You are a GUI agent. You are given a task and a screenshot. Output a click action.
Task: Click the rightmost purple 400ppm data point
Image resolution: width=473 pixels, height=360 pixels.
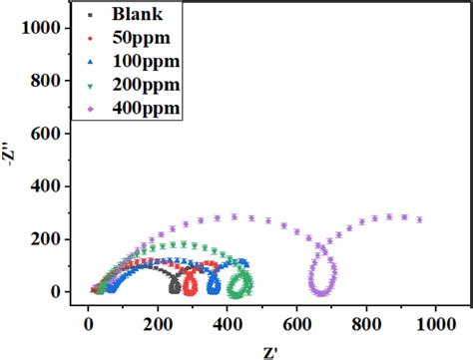tap(419, 219)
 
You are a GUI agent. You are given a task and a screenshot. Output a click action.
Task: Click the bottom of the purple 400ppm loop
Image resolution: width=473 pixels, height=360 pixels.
tap(321, 292)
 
